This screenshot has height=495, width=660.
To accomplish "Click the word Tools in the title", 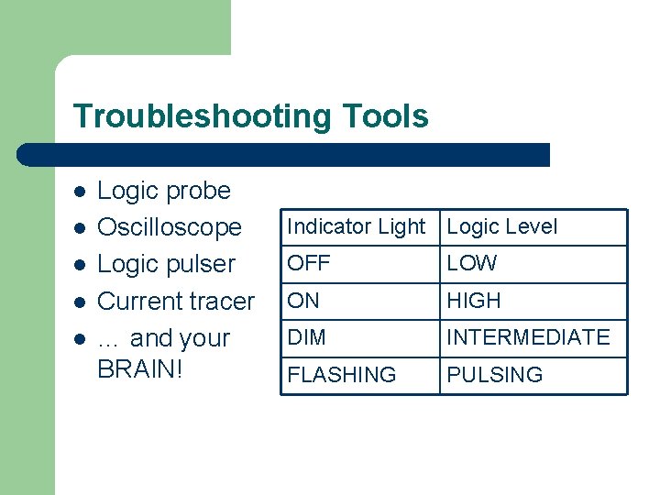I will click(x=385, y=117).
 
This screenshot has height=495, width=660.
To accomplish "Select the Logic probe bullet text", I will click(x=164, y=191).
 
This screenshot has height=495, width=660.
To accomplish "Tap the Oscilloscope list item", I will click(x=170, y=227).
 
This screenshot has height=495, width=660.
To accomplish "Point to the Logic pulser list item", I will click(x=166, y=264).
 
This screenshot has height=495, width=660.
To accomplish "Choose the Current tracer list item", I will click(x=176, y=301).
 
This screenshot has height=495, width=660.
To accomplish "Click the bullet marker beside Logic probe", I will click(x=80, y=192).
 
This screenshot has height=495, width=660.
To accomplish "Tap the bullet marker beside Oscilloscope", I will click(x=80, y=228).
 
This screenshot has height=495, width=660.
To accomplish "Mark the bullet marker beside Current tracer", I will click(x=80, y=302).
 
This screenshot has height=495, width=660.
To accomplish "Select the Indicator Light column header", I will click(x=357, y=226).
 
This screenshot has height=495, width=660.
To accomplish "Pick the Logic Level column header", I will click(x=501, y=226).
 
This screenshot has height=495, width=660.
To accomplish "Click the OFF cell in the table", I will click(x=308, y=264).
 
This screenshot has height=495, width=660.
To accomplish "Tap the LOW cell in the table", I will click(x=471, y=264).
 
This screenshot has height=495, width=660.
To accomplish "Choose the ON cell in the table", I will click(x=304, y=301).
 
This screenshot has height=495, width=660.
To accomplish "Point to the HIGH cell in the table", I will click(x=474, y=301).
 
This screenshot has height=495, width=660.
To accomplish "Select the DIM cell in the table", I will click(x=306, y=337).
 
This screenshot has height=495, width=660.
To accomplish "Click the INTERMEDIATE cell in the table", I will click(x=528, y=337).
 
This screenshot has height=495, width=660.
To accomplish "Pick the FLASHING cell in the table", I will click(x=342, y=375).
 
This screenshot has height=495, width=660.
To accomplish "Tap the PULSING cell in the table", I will click(x=494, y=375).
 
